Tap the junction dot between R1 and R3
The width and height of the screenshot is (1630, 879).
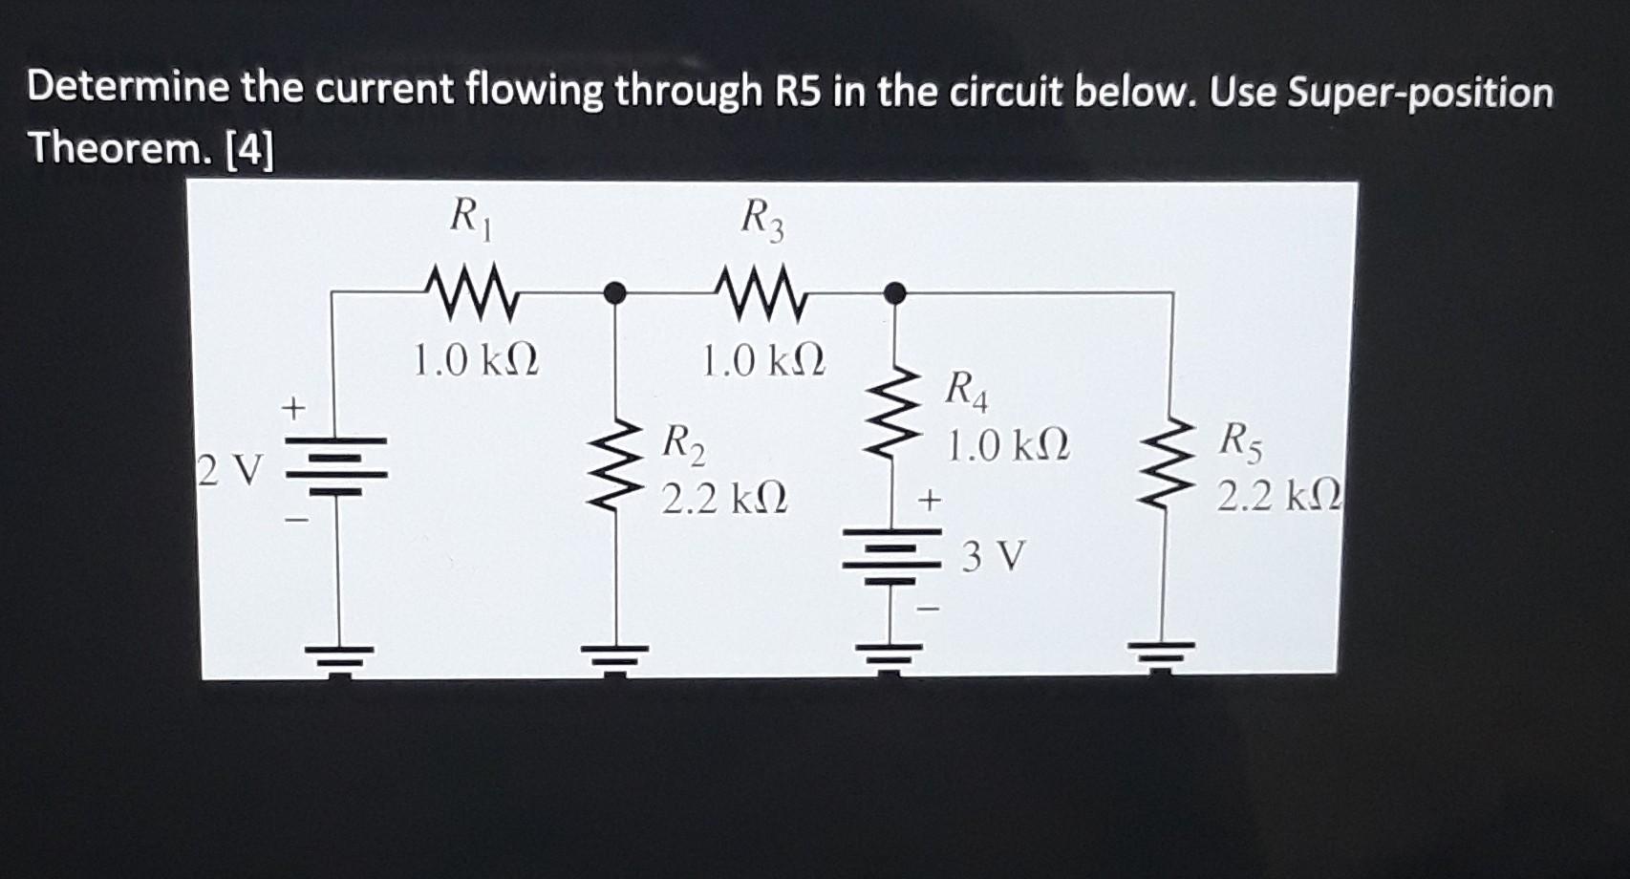click(x=616, y=291)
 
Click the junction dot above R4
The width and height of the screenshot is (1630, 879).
click(x=895, y=292)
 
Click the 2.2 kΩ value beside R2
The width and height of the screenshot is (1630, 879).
click(x=725, y=498)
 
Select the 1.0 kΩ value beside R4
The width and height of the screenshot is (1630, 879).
click(x=1008, y=445)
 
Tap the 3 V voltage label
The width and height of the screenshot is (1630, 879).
click(x=994, y=555)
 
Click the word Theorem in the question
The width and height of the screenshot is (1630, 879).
click(x=119, y=149)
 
